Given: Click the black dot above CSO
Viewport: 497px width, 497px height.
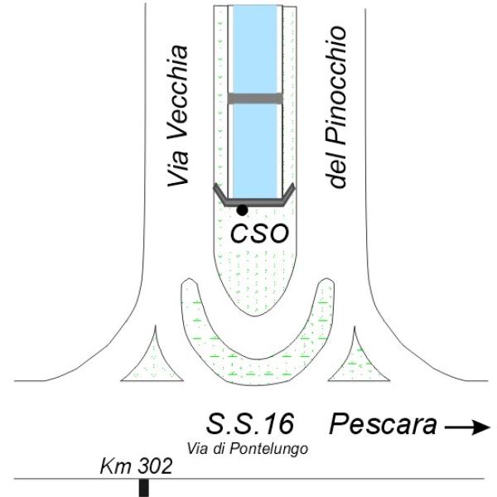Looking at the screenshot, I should pos(242,210).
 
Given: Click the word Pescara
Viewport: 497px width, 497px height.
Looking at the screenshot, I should pos(384,426).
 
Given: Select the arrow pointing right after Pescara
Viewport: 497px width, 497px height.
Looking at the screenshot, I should pos(466,427).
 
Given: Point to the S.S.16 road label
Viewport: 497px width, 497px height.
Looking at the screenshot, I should pos(250,424).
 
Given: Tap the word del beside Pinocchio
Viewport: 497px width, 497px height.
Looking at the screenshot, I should pos(336,168).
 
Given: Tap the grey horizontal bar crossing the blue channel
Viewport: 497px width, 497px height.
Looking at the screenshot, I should pos(255,99).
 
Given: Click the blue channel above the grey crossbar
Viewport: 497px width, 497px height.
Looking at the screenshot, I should pos(255,50).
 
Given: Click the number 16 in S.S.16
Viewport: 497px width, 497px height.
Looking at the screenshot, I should pos(278,424).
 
